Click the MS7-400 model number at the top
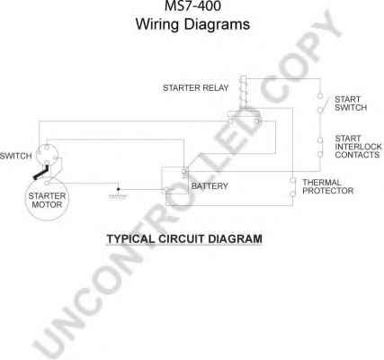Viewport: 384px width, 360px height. pyautogui.click(x=192, y=5)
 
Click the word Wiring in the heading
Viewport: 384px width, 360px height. pyautogui.click(x=156, y=24)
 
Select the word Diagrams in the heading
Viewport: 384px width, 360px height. pyautogui.click(x=217, y=24)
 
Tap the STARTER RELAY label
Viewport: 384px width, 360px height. pyautogui.click(x=195, y=88)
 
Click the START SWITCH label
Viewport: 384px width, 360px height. pyautogui.click(x=351, y=103)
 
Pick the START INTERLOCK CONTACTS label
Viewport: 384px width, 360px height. pyautogui.click(x=359, y=147)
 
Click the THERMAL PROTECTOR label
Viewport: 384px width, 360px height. pyautogui.click(x=328, y=186)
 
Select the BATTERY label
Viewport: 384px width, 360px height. pyautogui.click(x=210, y=186)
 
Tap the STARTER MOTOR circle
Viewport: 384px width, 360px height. pyautogui.click(x=47, y=199)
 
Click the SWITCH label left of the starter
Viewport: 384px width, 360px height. pyautogui.click(x=15, y=156)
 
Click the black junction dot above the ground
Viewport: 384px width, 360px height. pyautogui.click(x=118, y=189)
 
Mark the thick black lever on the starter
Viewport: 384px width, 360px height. pyautogui.click(x=41, y=174)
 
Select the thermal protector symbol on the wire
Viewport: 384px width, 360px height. pyautogui.click(x=292, y=187)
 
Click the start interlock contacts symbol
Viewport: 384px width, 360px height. pyautogui.click(x=320, y=148)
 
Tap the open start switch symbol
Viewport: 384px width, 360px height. pyautogui.click(x=320, y=103)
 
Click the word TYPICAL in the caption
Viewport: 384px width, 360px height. pyautogui.click(x=130, y=239)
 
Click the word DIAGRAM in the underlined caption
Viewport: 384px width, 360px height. pyautogui.click(x=235, y=239)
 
